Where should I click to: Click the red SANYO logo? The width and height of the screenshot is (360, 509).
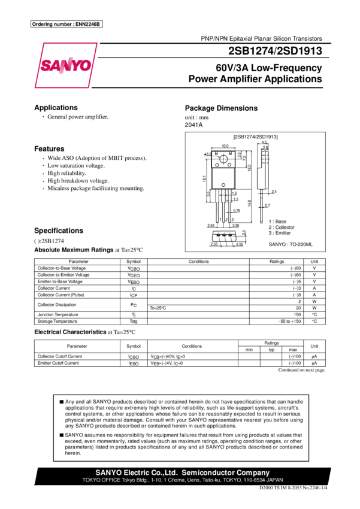coord(65,67)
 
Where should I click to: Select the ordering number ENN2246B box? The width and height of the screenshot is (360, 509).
coord(66,24)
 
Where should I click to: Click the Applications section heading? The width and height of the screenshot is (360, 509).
coord(56,108)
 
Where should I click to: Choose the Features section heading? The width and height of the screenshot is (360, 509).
coord(49,149)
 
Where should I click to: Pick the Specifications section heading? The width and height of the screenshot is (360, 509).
coord(58,231)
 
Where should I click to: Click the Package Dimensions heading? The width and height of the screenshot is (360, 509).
coord(222,108)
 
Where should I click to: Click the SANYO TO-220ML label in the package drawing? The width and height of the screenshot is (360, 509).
coord(291,245)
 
